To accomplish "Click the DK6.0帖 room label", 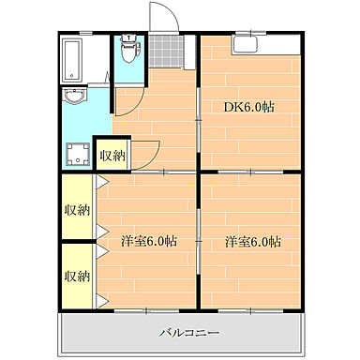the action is pyautogui.click(x=249, y=107).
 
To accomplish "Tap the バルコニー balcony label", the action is pyautogui.click(x=189, y=333).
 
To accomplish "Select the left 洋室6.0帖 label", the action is pyautogui.click(x=149, y=241).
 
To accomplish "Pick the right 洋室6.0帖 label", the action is pyautogui.click(x=253, y=242).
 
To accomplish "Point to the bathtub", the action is pyautogui.click(x=72, y=60).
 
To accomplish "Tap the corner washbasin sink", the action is pyautogui.click(x=74, y=97).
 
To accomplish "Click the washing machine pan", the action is pyautogui.click(x=78, y=155).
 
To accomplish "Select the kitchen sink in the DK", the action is pyautogui.click(x=245, y=45).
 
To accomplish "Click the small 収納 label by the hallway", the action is pyautogui.click(x=112, y=156).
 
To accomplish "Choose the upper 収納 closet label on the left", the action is pyautogui.click(x=77, y=210).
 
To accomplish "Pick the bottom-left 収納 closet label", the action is pyautogui.click(x=77, y=276).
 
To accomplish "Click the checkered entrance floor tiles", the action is pyautogui.click(x=166, y=51).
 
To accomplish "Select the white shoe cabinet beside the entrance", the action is pyautogui.click(x=189, y=52).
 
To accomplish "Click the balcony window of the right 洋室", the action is pyautogui.click(x=251, y=311).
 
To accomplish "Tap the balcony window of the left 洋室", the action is pyautogui.click(x=146, y=311).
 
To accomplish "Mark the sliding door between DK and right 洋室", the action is pyautogui.click(x=251, y=172).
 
